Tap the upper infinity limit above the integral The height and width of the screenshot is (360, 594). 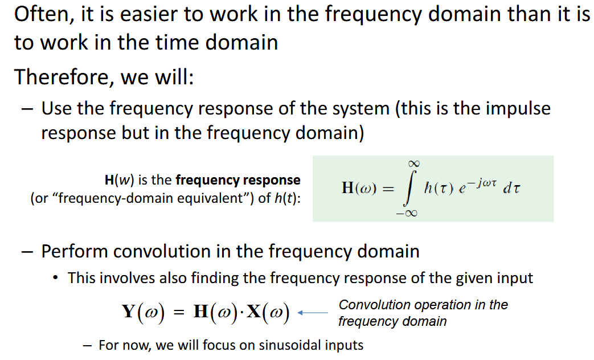coord(408,164)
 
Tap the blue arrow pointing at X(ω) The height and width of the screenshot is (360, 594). coord(314,313)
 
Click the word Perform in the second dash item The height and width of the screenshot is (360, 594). coord(74,251)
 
